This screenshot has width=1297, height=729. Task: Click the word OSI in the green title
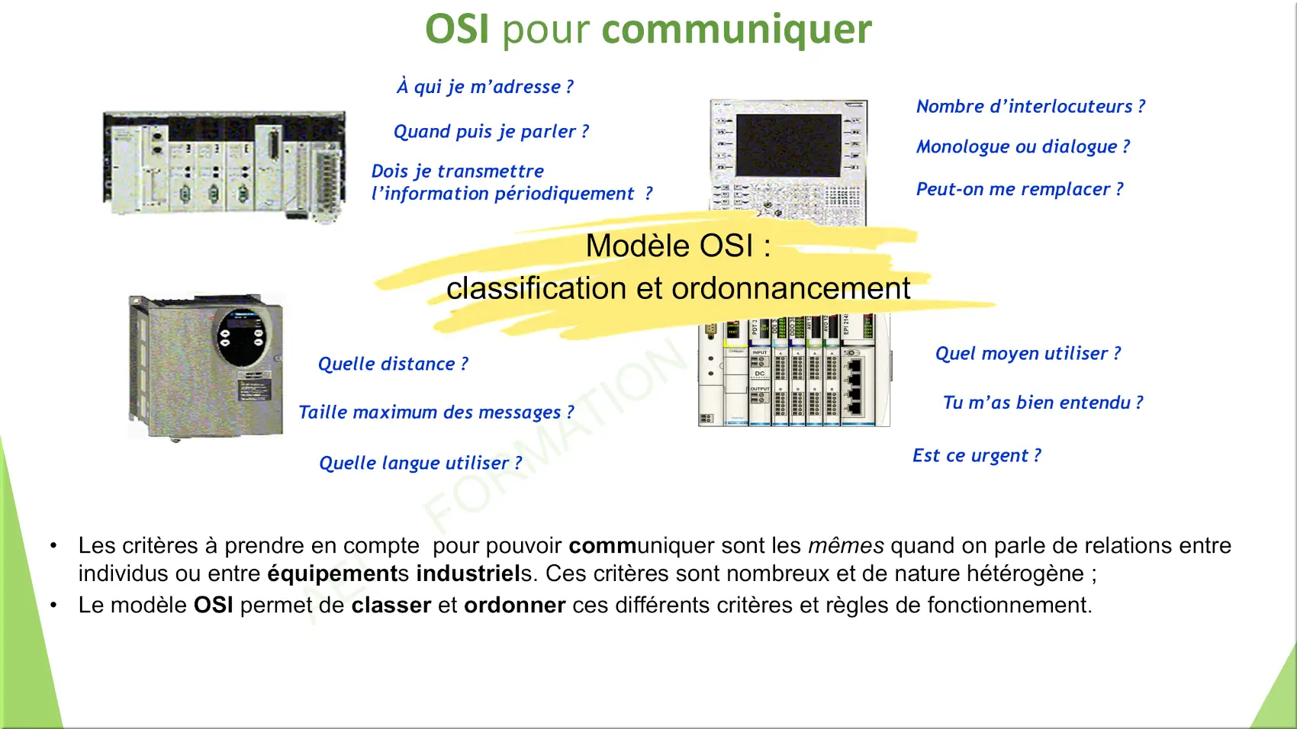(x=457, y=28)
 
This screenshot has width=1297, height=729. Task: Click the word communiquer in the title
(x=736, y=30)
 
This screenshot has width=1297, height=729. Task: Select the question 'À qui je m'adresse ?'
(x=485, y=86)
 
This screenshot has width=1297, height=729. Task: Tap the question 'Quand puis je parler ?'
(x=491, y=131)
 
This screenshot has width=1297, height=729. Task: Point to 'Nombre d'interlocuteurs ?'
(x=1031, y=106)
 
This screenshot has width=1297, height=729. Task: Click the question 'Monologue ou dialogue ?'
(x=1022, y=146)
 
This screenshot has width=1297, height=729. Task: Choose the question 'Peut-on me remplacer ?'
(x=1019, y=188)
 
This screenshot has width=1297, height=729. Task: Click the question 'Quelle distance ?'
(x=393, y=363)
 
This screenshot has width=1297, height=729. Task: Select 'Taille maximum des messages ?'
(x=436, y=412)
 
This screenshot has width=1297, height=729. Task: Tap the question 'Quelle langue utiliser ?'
(x=420, y=463)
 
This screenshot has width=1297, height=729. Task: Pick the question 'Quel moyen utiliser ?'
(x=1028, y=353)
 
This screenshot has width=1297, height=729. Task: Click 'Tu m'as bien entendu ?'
(x=1043, y=402)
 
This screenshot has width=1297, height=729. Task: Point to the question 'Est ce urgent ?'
(x=977, y=455)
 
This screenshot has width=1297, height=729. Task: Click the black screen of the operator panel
(x=788, y=145)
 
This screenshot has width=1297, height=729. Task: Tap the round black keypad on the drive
(x=242, y=338)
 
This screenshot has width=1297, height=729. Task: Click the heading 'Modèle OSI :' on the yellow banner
(x=678, y=246)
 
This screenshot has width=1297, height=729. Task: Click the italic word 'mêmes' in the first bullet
(x=845, y=545)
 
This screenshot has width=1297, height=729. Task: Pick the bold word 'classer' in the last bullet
(x=391, y=605)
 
